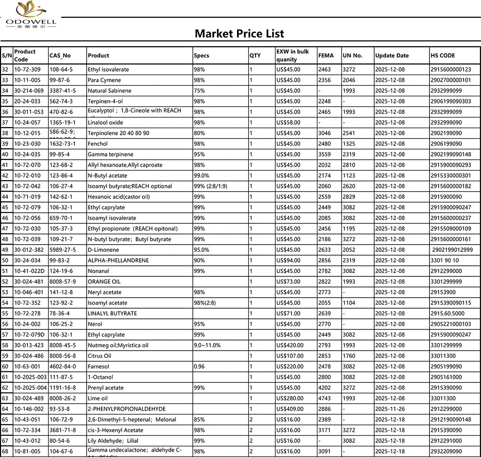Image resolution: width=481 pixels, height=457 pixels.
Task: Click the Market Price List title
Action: (x=239, y=33)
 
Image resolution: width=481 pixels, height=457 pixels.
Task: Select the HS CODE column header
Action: (x=443, y=55)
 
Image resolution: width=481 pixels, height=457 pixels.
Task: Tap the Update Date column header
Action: (x=392, y=55)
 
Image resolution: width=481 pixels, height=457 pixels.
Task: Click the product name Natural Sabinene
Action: (x=109, y=91)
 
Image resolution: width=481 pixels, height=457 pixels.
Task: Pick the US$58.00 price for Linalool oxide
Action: (x=288, y=122)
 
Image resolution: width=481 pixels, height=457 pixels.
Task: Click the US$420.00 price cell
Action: (x=290, y=345)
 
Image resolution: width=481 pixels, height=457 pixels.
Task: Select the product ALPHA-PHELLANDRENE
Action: (x=118, y=261)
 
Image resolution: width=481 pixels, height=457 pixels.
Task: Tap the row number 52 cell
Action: (x=6, y=282)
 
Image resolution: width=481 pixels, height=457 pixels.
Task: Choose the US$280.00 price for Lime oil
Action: (x=290, y=398)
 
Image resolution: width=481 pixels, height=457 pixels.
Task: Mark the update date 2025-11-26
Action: (x=390, y=409)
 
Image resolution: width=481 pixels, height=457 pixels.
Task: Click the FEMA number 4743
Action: (x=325, y=398)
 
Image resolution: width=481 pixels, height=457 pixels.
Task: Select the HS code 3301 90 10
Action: (x=445, y=261)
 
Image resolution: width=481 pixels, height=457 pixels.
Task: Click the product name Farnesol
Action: (x=99, y=366)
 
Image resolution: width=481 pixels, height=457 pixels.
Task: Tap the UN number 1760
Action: (x=349, y=356)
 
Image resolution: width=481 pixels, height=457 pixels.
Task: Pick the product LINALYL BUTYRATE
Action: (x=112, y=313)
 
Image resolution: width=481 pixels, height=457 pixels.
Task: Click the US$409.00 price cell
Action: (x=290, y=409)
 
